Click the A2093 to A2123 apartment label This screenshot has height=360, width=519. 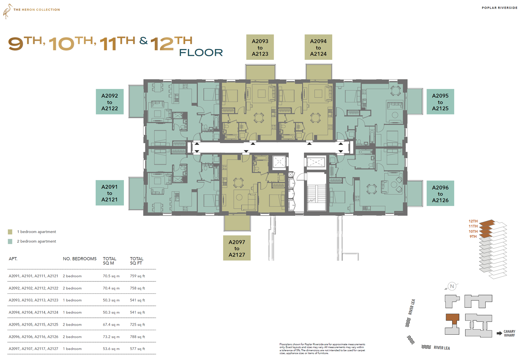coord(260,47)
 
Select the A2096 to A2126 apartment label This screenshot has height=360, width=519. coord(440,193)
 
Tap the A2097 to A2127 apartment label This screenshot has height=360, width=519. coord(237,248)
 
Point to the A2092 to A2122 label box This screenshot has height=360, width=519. coord(110,102)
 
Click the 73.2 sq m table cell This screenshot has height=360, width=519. coord(111,337)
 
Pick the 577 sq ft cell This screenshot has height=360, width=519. coord(138,349)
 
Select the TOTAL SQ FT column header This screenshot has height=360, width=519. coord(137,261)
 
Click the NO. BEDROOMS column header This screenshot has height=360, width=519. coord(79,259)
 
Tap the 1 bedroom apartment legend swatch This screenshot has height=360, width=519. coord(10,232)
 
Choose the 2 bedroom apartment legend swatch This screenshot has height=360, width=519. coord(10,241)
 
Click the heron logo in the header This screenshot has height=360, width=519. coord(7,11)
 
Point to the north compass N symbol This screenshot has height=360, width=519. coord(452,286)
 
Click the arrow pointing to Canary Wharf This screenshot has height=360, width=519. coord(499,333)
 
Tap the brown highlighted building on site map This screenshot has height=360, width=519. coord(453,319)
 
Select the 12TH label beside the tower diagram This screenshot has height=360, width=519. coord(473,221)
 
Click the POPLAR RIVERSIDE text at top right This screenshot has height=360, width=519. coord(500,8)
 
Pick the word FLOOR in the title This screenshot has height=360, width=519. coord(201,53)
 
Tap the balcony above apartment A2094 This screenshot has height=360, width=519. coord(318,72)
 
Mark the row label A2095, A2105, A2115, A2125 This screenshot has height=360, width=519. coord(33,325)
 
